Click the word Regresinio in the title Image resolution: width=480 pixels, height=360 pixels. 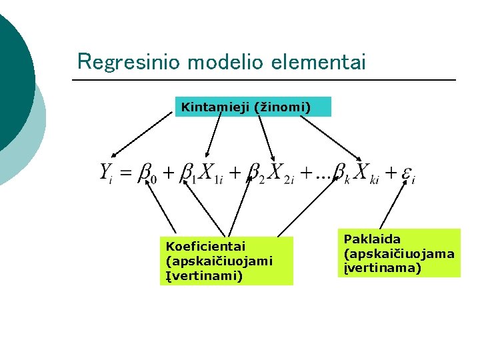click(x=130, y=62)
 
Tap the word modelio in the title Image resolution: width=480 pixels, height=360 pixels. click(x=227, y=62)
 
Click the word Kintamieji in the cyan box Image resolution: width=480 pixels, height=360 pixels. click(x=215, y=106)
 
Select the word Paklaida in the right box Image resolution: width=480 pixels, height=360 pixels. click(x=372, y=239)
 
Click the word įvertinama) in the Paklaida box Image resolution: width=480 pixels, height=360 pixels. click(x=383, y=268)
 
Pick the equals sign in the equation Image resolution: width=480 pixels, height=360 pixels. click(x=125, y=173)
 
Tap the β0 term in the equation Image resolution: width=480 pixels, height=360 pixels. click(x=145, y=173)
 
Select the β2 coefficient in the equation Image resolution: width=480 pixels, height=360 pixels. click(x=254, y=173)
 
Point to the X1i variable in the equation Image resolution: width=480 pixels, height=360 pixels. click(x=211, y=173)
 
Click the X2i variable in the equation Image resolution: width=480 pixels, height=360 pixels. click(x=280, y=173)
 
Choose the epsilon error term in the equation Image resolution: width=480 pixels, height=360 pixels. click(x=408, y=175)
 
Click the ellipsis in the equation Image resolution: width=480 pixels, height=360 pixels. click(x=323, y=176)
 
